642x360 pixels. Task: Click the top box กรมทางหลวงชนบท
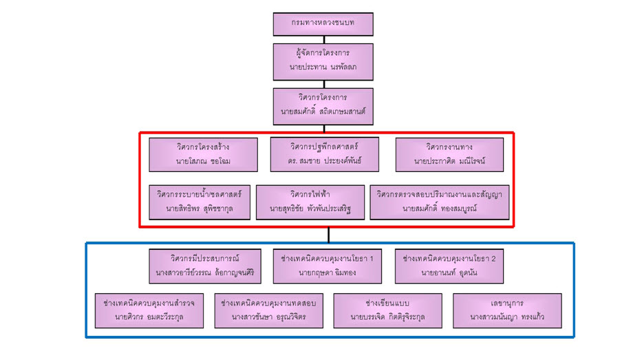(x=323, y=24)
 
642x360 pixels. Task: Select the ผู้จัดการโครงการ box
(x=323, y=61)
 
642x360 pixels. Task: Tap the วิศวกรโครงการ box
(x=323, y=105)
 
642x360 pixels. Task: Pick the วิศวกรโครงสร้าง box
(x=203, y=154)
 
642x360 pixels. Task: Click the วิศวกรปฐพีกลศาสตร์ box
(x=325, y=154)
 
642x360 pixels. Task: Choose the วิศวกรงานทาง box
(x=449, y=154)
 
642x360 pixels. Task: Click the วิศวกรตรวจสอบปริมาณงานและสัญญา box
(x=439, y=201)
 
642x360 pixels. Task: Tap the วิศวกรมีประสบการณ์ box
(x=205, y=266)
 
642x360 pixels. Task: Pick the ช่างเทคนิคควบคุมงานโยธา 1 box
(x=328, y=266)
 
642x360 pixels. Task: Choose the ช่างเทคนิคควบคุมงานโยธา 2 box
(x=449, y=266)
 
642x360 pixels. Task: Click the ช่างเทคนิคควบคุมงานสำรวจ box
(x=149, y=310)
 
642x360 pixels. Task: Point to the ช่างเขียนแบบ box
(x=387, y=310)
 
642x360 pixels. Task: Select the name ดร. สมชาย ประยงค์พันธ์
(x=325, y=161)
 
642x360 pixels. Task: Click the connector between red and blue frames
(x=328, y=235)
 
